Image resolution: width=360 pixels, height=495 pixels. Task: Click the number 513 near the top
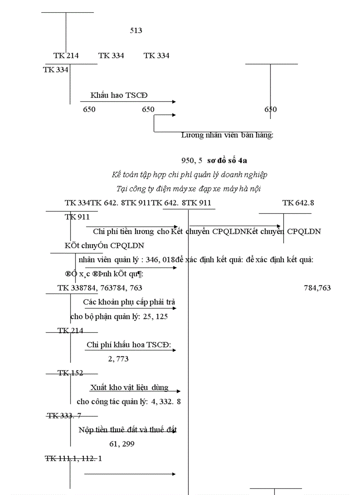[x=136, y=30]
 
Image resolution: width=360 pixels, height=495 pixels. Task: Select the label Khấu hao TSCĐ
[x=119, y=95]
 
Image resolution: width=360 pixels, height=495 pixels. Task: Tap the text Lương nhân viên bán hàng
[x=227, y=135]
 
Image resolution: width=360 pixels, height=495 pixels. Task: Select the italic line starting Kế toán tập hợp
[x=190, y=175]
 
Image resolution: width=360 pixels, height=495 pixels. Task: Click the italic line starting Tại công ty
[x=189, y=189]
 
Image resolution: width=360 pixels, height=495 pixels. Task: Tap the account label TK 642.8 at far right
[x=298, y=203]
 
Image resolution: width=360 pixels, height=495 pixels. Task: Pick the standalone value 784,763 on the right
[x=317, y=288]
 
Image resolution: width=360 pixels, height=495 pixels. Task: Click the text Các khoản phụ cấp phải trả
[x=129, y=302]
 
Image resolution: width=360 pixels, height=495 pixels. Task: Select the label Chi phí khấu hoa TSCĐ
[x=129, y=345]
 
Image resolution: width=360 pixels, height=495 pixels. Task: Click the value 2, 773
[x=118, y=359]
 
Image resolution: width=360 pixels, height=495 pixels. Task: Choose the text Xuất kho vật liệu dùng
[x=129, y=387]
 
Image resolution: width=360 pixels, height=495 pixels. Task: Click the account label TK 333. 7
[x=64, y=415]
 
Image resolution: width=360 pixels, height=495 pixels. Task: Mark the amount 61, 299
[x=122, y=444]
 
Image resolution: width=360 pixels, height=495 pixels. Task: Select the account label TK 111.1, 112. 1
[x=73, y=458]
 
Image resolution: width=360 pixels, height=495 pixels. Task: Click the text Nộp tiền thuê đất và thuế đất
[x=128, y=429]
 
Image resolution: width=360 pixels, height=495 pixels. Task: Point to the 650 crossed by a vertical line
[x=270, y=109]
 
